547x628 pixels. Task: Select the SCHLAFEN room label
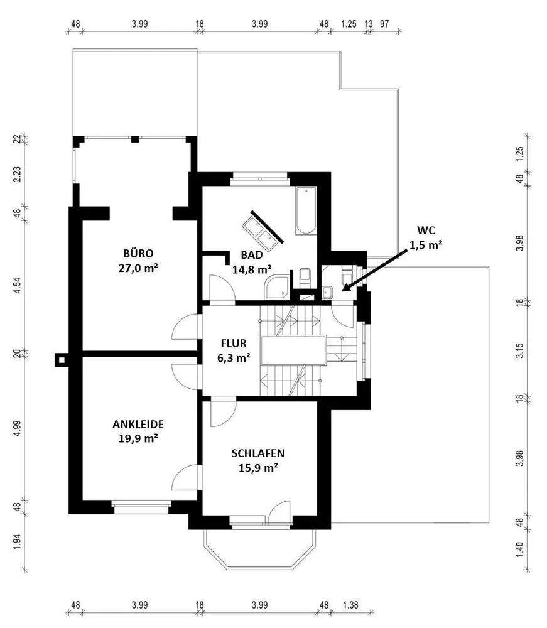click(x=259, y=453)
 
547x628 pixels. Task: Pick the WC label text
click(x=425, y=230)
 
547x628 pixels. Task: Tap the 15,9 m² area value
click(x=259, y=468)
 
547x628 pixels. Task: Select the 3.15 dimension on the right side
click(x=519, y=349)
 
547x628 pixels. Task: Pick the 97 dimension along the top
click(x=384, y=24)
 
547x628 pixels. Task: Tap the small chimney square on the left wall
click(x=61, y=359)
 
